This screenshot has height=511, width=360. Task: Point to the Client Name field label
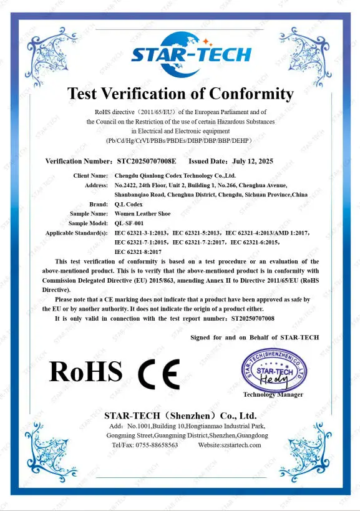[90, 176]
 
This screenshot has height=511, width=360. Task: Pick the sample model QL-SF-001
[129, 223]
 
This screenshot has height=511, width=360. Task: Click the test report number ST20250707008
[252, 318]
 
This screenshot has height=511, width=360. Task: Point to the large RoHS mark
[85, 372]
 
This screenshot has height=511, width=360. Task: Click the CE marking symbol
[158, 373]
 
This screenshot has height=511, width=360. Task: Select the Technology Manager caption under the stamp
[273, 394]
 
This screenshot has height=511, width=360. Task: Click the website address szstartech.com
[230, 445]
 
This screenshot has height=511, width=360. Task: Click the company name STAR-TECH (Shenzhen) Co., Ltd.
[180, 415]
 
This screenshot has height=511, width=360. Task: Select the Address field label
[96, 185]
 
